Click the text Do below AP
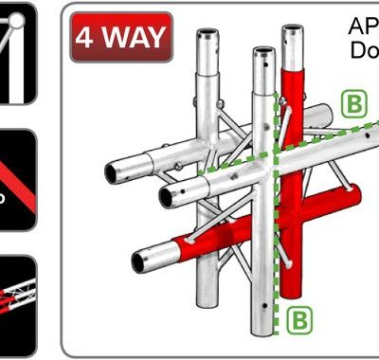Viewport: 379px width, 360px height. (362, 49)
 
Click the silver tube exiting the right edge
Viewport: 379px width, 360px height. (365, 143)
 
